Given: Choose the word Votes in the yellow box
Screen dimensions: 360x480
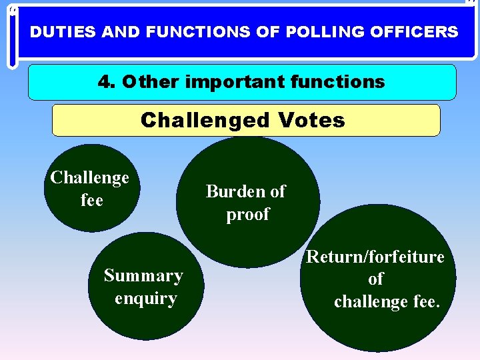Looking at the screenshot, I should click(x=312, y=120).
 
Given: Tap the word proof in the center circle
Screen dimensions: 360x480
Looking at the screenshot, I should click(x=248, y=215).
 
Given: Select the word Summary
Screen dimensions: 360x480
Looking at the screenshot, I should click(x=143, y=275).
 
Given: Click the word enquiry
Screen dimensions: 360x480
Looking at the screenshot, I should click(x=145, y=298).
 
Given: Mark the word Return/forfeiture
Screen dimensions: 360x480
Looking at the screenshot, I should click(x=375, y=257).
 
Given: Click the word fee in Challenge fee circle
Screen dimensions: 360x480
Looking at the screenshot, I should click(x=91, y=200).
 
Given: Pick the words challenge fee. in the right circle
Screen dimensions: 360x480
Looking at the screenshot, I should click(x=387, y=302).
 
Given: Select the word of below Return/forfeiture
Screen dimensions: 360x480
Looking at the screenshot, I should click(x=376, y=279).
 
